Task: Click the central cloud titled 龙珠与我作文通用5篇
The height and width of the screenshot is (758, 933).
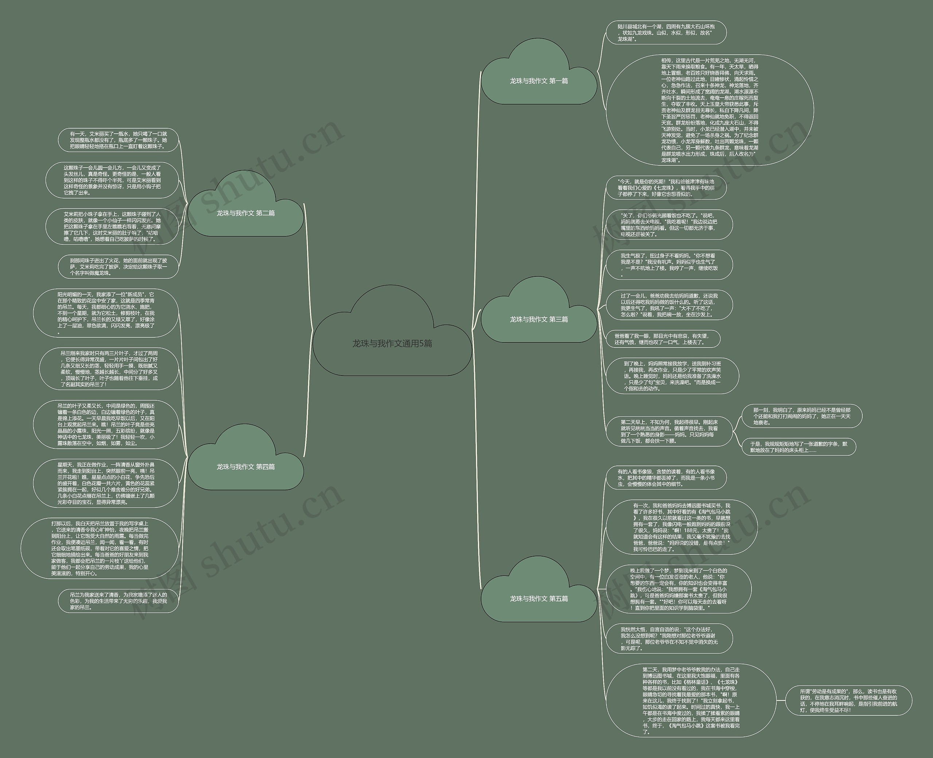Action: pos(392,343)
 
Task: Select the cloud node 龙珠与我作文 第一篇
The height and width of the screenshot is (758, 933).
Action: pos(539,81)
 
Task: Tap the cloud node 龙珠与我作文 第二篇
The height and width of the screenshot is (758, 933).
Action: pos(246,213)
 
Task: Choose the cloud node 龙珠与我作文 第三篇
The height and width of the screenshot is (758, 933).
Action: pos(539,319)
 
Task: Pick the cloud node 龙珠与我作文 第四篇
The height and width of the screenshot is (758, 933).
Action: pos(246,467)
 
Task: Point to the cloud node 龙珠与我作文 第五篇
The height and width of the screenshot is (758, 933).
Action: pos(539,598)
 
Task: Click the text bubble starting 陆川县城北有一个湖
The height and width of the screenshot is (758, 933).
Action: pos(666,33)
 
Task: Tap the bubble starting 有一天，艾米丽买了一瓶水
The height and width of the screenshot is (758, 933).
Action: pos(118,140)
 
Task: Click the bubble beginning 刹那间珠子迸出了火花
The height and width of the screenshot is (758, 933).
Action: pos(118,267)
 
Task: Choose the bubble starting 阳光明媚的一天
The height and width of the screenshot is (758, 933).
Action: pos(106,313)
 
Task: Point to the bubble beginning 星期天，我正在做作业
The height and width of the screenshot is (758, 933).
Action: pos(106,483)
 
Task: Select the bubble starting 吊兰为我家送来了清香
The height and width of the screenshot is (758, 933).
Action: pos(118,601)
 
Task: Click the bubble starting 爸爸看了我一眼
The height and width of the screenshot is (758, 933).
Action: pos(663,339)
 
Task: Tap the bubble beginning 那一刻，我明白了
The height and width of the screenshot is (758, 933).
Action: pos(802,416)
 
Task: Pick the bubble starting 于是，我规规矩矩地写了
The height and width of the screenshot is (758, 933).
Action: pos(799,447)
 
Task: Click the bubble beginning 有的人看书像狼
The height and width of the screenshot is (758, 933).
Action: pos(666,478)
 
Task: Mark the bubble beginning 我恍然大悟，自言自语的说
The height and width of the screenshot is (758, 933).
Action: pos(669,639)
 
